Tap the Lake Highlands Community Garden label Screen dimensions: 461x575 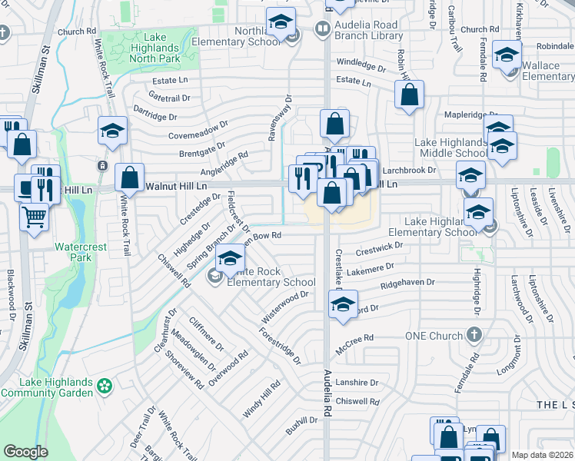pos(47,387)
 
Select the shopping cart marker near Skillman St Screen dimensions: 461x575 pos(33,219)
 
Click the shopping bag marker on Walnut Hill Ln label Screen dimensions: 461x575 pos(130,178)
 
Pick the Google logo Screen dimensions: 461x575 pos(25,452)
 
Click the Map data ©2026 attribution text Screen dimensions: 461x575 pos(542,455)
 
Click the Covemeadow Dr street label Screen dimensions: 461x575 pos(199,131)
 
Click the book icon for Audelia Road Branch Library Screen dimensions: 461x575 pos(321,30)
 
